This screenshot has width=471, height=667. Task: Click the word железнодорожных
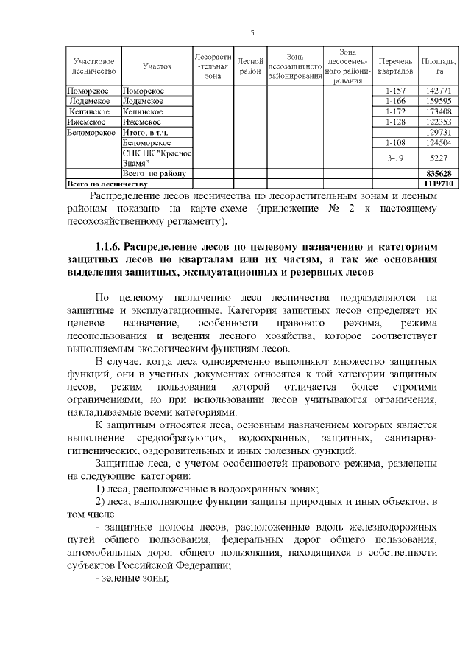[x=392, y=528]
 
